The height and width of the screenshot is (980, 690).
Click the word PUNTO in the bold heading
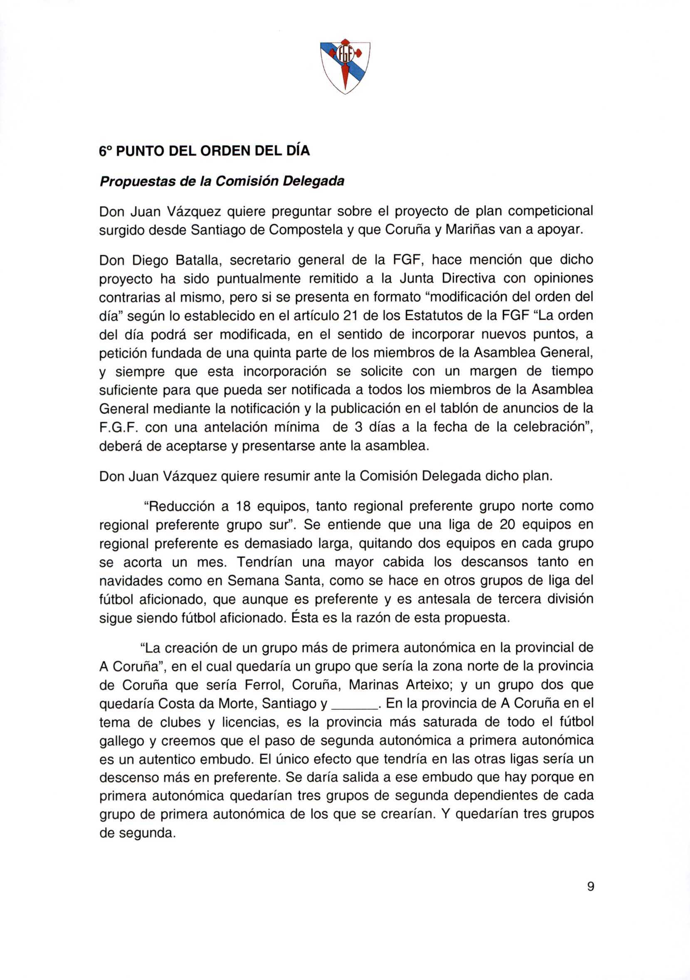[x=139, y=151]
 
